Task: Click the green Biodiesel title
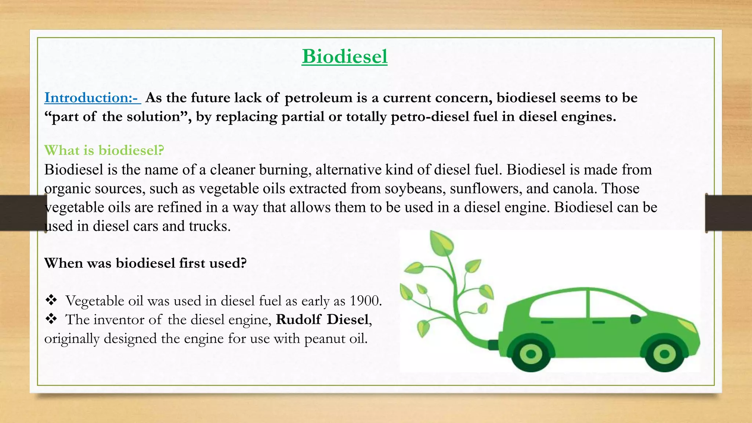pos(344,57)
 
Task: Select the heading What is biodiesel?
pos(104,150)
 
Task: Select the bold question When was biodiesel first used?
pos(145,263)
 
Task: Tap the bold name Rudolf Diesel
pos(322,319)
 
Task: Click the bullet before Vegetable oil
pos(51,300)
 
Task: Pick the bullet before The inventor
pos(51,319)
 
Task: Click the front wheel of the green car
pos(664,354)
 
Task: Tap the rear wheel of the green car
pos(531,354)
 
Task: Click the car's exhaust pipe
pos(493,345)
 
